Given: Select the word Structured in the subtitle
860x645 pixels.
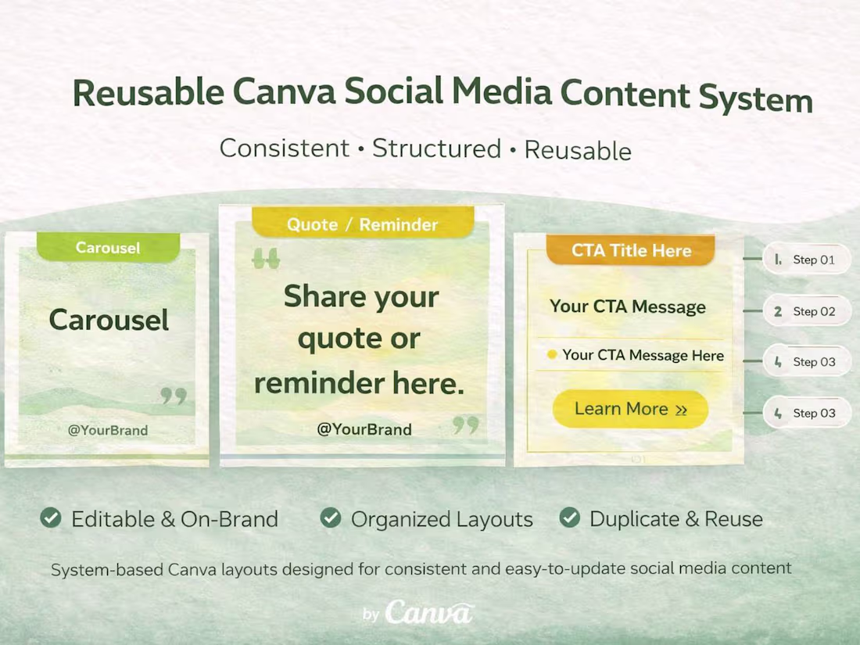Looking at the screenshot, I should [x=436, y=149].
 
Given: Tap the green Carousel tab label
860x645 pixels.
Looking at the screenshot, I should [x=108, y=248].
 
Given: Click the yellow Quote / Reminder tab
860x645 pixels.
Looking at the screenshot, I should [x=362, y=224].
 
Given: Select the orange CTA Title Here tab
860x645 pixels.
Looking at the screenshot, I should [x=631, y=251].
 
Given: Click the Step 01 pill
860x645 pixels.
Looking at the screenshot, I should [x=806, y=260].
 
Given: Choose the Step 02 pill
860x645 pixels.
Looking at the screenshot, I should [x=806, y=311].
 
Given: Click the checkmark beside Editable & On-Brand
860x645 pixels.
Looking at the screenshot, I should [x=51, y=518].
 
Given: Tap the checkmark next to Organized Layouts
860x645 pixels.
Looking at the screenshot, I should [x=331, y=518].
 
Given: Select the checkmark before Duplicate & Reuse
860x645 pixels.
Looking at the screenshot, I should [x=570, y=518].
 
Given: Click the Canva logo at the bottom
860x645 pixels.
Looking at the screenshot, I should [x=428, y=612].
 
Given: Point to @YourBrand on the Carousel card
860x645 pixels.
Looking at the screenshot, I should [x=108, y=429].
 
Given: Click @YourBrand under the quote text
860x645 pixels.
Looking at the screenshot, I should [x=364, y=428].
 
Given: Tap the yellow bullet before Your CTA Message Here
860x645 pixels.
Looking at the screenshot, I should [x=552, y=355].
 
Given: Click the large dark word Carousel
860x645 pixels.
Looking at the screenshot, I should [x=109, y=320].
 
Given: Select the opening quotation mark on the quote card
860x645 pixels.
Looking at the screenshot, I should [x=266, y=259].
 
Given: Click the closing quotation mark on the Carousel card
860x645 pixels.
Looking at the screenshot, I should [x=174, y=396].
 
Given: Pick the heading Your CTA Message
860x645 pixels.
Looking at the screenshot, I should [x=627, y=306].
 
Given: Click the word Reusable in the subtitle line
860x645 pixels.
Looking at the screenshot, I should [x=577, y=150].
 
